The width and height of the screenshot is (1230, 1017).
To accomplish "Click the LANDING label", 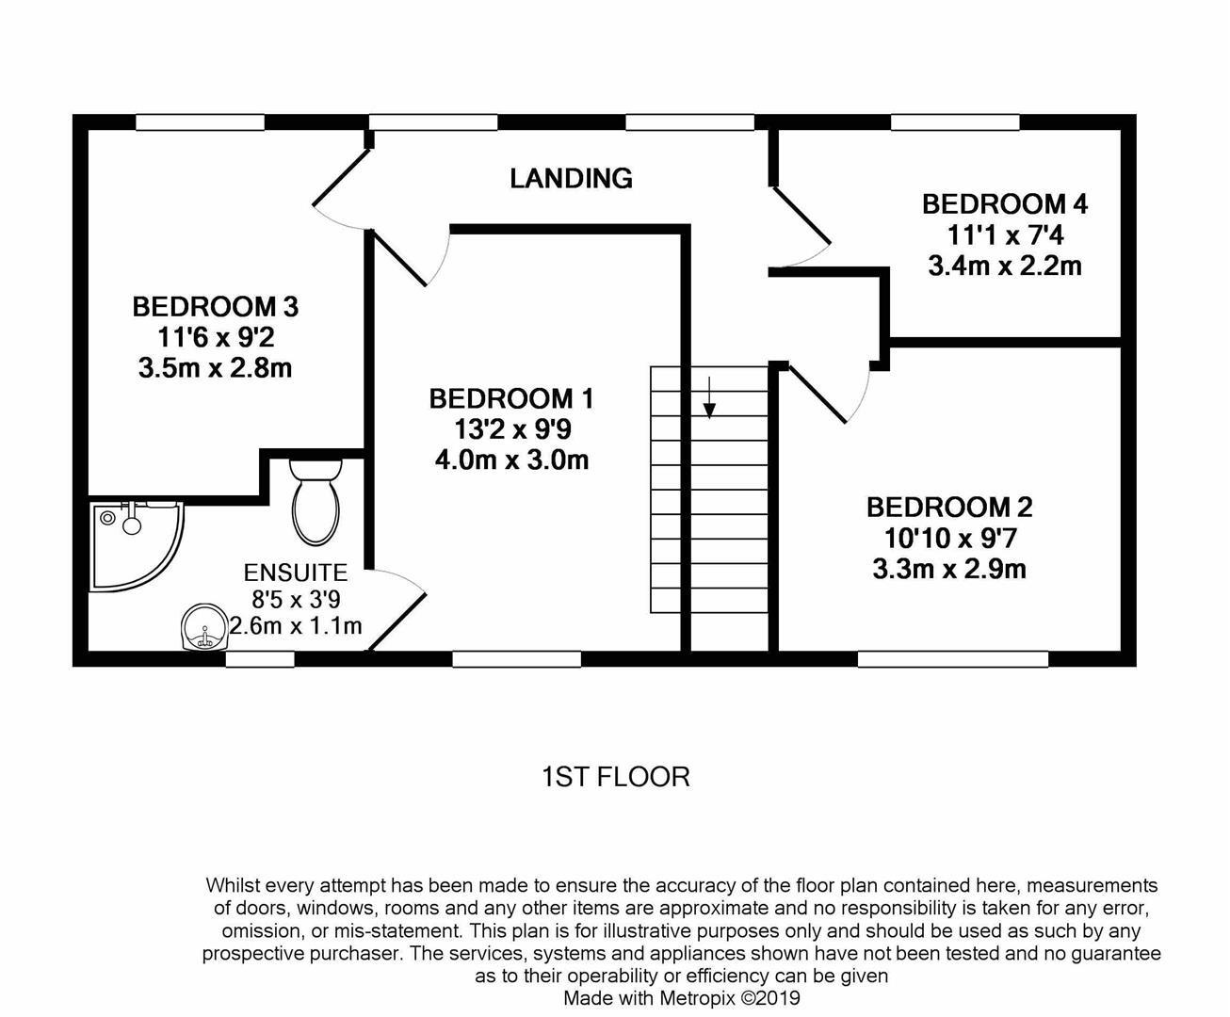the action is click(x=571, y=178).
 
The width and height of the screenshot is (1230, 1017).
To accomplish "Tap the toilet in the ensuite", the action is click(x=316, y=502).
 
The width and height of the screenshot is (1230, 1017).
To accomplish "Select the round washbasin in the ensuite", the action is click(x=203, y=626).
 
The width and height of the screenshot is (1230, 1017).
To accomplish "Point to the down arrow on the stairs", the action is click(x=709, y=397).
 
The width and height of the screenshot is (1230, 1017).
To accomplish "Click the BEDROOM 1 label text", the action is click(x=511, y=399).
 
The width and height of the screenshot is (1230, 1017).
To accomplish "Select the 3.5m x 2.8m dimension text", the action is click(x=215, y=368).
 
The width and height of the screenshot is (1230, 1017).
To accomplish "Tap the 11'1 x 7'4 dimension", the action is click(x=1005, y=235).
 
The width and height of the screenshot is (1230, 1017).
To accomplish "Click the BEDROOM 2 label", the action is click(x=949, y=508).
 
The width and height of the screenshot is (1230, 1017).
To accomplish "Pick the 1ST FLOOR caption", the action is click(x=615, y=777).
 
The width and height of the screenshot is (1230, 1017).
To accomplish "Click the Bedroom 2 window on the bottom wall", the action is click(x=952, y=659).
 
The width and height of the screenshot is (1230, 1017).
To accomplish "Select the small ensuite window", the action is click(x=260, y=659).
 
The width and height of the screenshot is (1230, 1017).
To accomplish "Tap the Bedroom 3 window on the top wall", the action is click(x=200, y=121).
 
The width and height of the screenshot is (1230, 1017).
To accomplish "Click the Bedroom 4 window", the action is click(x=955, y=121).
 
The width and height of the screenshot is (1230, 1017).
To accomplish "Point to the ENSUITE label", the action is click(x=296, y=573).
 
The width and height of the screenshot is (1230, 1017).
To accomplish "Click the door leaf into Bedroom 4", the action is click(x=801, y=215).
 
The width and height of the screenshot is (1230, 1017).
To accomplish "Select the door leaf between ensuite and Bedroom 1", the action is click(x=397, y=621).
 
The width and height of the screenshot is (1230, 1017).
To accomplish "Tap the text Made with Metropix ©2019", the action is click(x=682, y=997).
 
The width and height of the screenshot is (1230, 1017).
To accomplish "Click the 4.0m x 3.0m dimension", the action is click(x=511, y=460).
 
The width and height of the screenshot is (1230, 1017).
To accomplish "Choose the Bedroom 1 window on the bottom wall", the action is click(x=517, y=659).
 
